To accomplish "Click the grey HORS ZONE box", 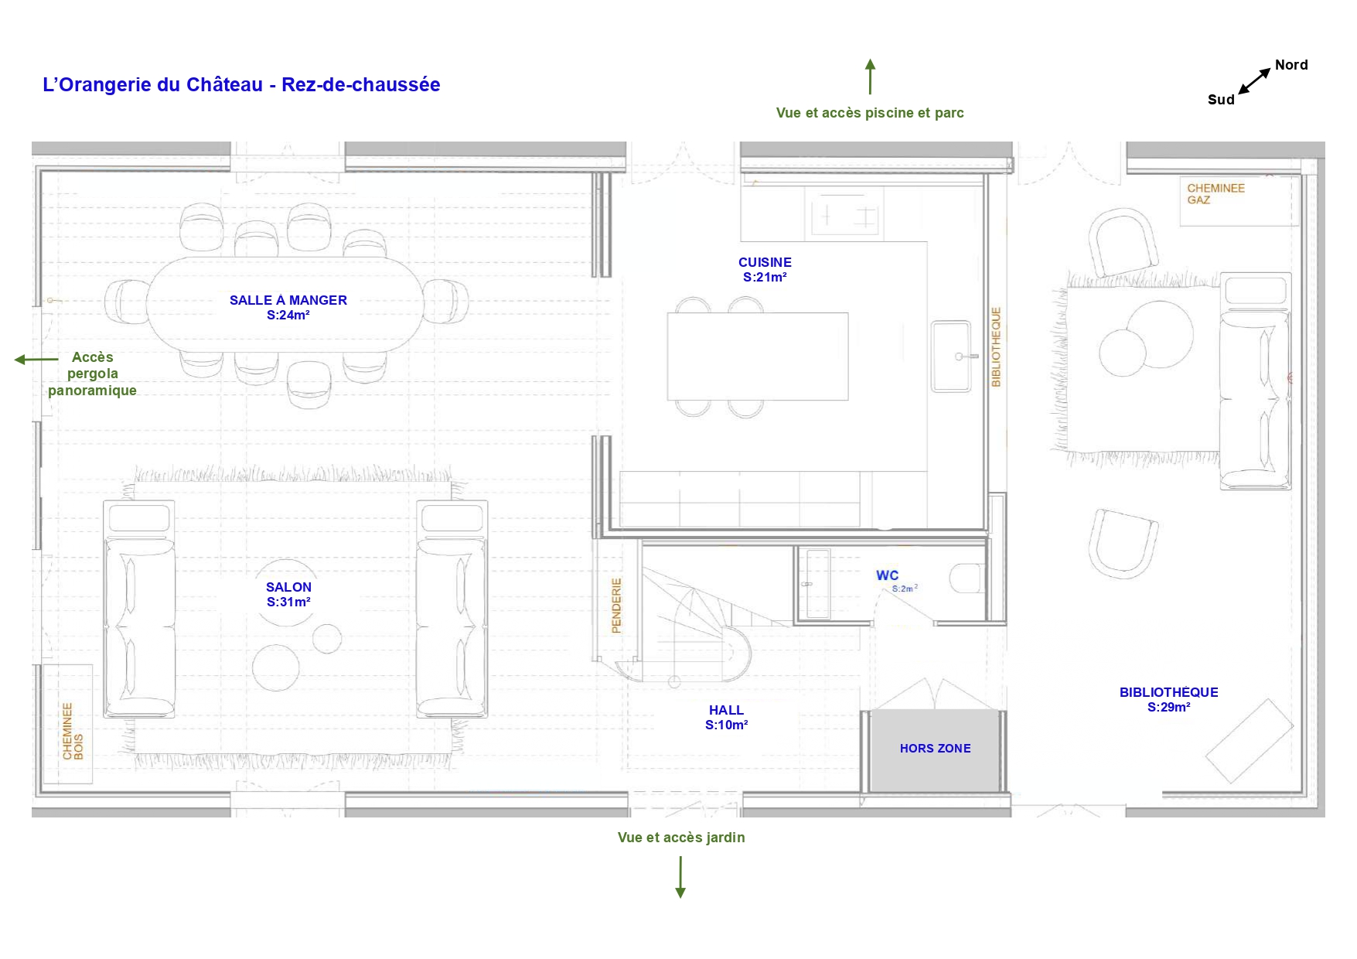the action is pos(934,750).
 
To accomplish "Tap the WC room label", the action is pos(887,575).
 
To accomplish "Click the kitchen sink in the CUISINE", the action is pos(951,357).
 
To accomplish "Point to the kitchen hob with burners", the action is pos(845,214).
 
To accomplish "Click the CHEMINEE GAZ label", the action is pos(1216,194).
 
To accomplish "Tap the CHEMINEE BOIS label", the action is pos(73,732).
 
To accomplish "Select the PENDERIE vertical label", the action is pos(616,606).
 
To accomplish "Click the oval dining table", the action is pos(285,305).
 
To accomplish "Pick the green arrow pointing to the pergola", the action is pos(36,360).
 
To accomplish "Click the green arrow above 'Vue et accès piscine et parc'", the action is pos(870,77).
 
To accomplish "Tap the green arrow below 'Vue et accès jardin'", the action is pos(680,877).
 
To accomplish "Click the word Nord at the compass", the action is pos(1291,65).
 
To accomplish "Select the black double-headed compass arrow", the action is pos(1254,81).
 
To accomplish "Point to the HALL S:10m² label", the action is pos(726,718).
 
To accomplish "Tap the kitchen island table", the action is pos(758,357).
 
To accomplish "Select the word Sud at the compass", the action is pos(1221,100).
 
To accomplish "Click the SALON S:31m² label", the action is pos(288,595).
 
